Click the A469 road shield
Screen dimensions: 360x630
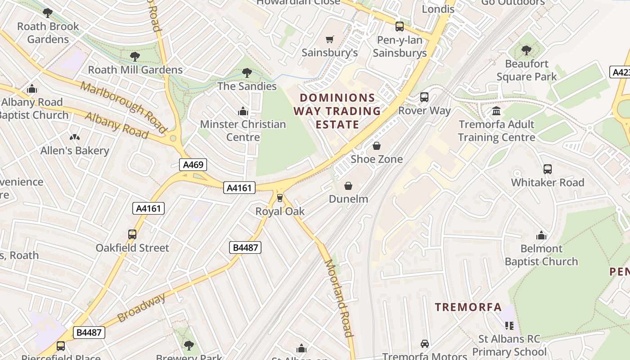pos(194,165)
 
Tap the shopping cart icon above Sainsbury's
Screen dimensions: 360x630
pos(330,40)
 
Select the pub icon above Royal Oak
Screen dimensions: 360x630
pos(280,198)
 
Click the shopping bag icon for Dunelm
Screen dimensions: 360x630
pos(348,186)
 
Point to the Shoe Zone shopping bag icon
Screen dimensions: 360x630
pos(377,146)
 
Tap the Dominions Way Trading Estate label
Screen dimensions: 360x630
pos(337,111)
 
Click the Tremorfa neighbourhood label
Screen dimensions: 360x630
pos(468,307)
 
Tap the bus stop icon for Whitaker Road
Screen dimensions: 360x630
pos(548,169)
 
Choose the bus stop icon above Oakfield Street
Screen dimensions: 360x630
pos(132,234)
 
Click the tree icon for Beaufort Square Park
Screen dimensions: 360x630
pos(526,50)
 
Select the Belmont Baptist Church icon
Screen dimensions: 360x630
pos(541,235)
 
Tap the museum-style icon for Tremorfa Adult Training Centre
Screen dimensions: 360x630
pos(496,111)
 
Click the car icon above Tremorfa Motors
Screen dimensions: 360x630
pos(424,344)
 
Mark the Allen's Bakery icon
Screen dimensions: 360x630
pos(75,137)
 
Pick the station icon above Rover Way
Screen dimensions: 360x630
pos(424,97)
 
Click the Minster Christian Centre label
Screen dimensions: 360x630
pos(243,130)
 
